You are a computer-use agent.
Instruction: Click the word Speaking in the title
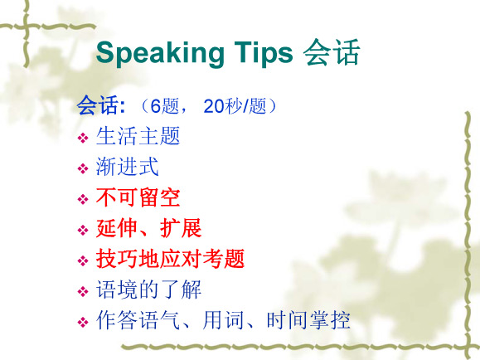click(x=160, y=54)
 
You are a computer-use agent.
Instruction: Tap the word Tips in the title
click(x=264, y=53)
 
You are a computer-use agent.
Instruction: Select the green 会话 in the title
click(x=332, y=51)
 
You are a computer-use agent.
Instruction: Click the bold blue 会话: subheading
click(x=100, y=105)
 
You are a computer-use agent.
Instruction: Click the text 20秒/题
click(x=235, y=106)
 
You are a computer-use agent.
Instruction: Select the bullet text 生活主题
click(x=138, y=136)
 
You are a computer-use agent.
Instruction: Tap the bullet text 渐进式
click(x=128, y=167)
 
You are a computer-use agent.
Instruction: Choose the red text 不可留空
click(x=138, y=197)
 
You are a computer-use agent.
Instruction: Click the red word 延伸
click(x=116, y=228)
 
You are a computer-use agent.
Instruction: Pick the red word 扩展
click(x=181, y=228)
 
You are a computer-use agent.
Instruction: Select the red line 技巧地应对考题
click(x=170, y=259)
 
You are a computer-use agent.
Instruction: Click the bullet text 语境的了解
click(x=148, y=289)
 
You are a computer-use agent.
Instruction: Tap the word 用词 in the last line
click(x=223, y=320)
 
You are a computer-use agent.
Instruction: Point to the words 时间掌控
click(x=308, y=320)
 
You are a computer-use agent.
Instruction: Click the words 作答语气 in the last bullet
click(x=138, y=320)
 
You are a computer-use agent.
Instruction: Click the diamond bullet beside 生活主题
click(x=83, y=138)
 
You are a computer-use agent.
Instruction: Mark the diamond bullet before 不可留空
click(x=83, y=199)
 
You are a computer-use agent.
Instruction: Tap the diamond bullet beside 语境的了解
click(x=83, y=291)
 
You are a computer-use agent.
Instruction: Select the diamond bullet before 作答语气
click(x=83, y=322)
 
